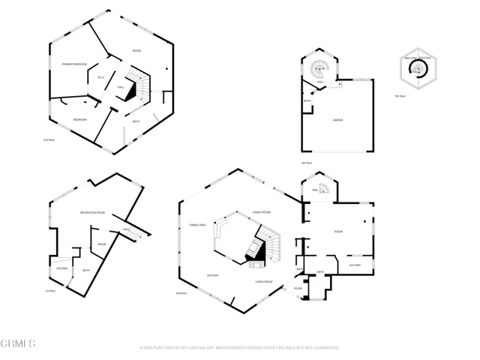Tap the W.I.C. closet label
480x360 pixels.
pos(102,77)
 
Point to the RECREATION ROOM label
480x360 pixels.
pos(92,214)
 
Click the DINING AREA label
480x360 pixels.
pos(199,225)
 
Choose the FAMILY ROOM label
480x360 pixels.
pos(261,213)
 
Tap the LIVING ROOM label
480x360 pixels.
pos(263,282)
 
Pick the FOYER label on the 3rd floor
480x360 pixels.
pos(298,287)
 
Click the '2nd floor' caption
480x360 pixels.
pos(49,140)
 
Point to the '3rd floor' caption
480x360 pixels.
pos(181,293)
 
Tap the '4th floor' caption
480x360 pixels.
pos(306,163)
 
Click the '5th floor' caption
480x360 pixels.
pos(400,96)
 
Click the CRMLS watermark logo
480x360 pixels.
pos(19,344)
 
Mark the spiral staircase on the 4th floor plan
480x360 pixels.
pos(320,70)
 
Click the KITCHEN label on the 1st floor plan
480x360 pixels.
pos(62,268)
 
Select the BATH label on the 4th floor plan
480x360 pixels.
pos(307,101)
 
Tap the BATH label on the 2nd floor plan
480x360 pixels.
pos(136,121)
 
